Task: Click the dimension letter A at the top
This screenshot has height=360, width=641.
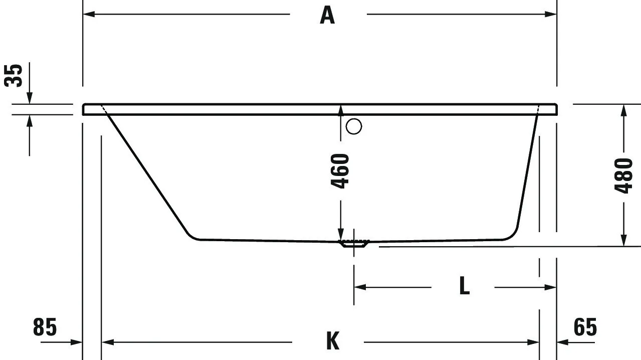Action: click(327, 15)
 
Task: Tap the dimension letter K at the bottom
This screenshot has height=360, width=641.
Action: click(332, 341)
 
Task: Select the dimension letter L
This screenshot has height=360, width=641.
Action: click(465, 287)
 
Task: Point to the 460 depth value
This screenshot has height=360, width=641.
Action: click(341, 171)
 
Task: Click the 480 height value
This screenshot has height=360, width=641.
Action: click(623, 175)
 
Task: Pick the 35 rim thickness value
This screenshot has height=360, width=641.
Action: click(15, 76)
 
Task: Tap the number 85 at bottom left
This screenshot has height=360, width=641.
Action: click(45, 327)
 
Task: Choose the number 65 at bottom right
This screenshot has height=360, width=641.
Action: click(585, 327)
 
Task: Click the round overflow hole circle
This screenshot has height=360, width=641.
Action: click(354, 126)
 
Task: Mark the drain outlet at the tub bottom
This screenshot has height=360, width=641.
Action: click(354, 244)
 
